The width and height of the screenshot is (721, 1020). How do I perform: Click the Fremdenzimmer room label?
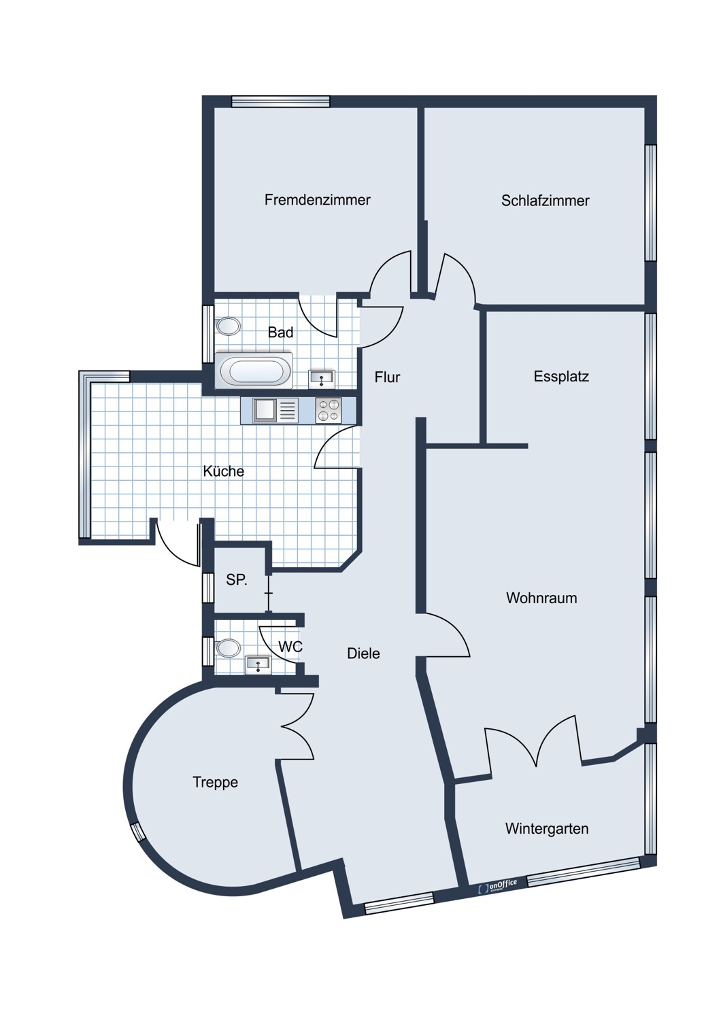click(318, 199)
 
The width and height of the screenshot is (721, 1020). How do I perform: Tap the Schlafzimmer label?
click(546, 201)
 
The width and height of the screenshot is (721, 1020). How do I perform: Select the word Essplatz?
click(561, 377)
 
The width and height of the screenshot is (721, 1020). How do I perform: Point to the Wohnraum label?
click(541, 598)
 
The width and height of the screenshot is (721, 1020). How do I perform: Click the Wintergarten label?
click(547, 828)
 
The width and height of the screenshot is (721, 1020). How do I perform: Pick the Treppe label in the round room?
click(216, 782)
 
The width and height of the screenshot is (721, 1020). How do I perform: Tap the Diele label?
click(363, 653)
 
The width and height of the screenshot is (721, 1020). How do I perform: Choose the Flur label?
click(387, 377)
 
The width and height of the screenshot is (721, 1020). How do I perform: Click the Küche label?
click(223, 471)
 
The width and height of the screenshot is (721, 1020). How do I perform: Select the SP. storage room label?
click(237, 579)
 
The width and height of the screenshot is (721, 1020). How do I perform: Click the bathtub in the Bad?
click(254, 370)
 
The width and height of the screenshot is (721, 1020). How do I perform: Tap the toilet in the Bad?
click(228, 326)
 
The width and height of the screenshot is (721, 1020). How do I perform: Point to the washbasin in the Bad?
click(322, 379)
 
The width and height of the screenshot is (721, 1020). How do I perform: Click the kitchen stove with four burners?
click(329, 411)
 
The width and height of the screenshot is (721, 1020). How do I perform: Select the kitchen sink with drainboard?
click(276, 411)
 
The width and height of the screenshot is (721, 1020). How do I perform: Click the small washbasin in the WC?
click(258, 665)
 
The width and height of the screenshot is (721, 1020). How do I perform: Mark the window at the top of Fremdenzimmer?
click(280, 101)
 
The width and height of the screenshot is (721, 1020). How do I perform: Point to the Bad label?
click(280, 333)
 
